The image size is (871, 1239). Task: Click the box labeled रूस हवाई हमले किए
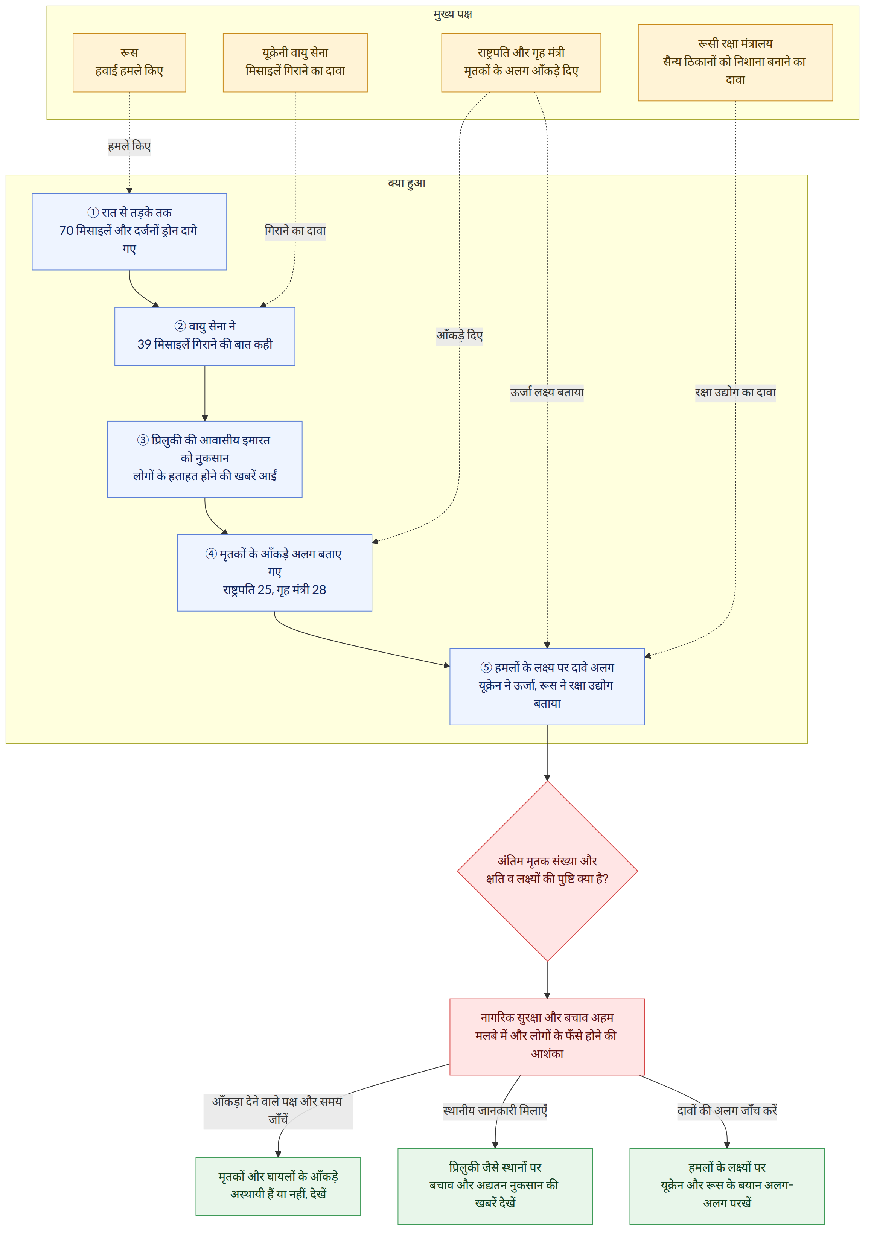tap(129, 62)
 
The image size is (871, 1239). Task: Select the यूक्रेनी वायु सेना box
tap(295, 62)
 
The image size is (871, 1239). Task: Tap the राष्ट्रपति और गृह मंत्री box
tap(521, 62)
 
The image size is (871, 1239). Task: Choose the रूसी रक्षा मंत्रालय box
tap(735, 62)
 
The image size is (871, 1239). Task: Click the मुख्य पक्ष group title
tap(453, 14)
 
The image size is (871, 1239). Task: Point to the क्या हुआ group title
tap(407, 183)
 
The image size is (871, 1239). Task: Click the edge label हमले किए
tap(129, 146)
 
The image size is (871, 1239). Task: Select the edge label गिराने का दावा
tap(295, 231)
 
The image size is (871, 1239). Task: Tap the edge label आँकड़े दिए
tap(460, 336)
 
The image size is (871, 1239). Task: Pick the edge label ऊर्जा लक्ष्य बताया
tap(547, 392)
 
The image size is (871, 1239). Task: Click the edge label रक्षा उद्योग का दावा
tap(735, 392)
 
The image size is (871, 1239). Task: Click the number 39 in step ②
tap(145, 344)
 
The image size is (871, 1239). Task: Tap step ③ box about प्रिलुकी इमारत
tap(205, 459)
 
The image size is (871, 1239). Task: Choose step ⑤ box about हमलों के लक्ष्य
tap(547, 686)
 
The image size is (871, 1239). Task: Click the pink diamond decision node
tap(547, 871)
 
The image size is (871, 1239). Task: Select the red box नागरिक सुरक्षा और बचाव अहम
tap(547, 1037)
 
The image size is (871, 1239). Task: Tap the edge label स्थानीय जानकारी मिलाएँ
tap(495, 1111)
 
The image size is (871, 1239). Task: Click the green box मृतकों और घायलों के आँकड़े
tap(279, 1186)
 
